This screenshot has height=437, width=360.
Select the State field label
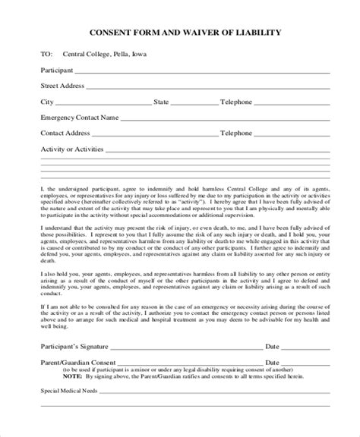[x=161, y=102]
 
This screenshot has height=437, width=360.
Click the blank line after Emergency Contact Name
[x=220, y=119]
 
